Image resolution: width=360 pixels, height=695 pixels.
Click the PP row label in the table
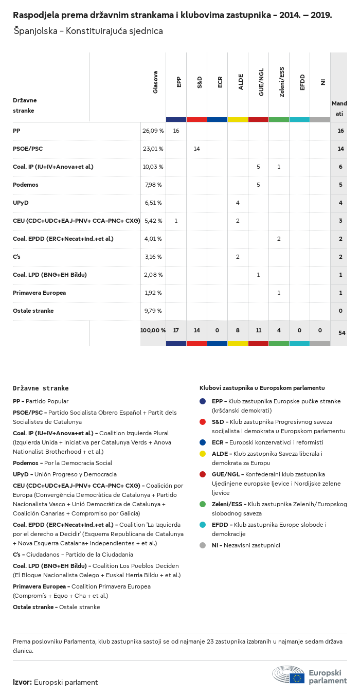16,131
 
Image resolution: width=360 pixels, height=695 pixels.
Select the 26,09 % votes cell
153,131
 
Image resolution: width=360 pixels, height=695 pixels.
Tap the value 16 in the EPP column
176,131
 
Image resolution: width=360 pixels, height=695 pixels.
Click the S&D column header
200,82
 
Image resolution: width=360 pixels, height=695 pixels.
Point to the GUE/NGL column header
261,82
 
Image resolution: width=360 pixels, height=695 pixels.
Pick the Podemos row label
26,185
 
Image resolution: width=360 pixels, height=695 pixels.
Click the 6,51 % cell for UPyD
153,203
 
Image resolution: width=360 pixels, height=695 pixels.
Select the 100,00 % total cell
153,330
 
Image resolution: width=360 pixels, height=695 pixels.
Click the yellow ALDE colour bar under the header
238,119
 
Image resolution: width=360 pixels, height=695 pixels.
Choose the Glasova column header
155,82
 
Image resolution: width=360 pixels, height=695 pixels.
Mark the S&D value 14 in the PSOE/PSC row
196,149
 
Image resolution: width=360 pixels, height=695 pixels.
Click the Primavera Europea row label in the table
39,293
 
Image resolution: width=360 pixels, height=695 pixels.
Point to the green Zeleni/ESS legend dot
203,504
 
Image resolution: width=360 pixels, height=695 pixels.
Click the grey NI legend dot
203,545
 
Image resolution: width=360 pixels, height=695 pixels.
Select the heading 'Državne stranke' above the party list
41,388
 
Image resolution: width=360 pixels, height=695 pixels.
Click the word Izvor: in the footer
22,682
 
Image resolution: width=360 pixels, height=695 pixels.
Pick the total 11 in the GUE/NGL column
258,330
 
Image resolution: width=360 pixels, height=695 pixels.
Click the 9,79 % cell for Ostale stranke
153,311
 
